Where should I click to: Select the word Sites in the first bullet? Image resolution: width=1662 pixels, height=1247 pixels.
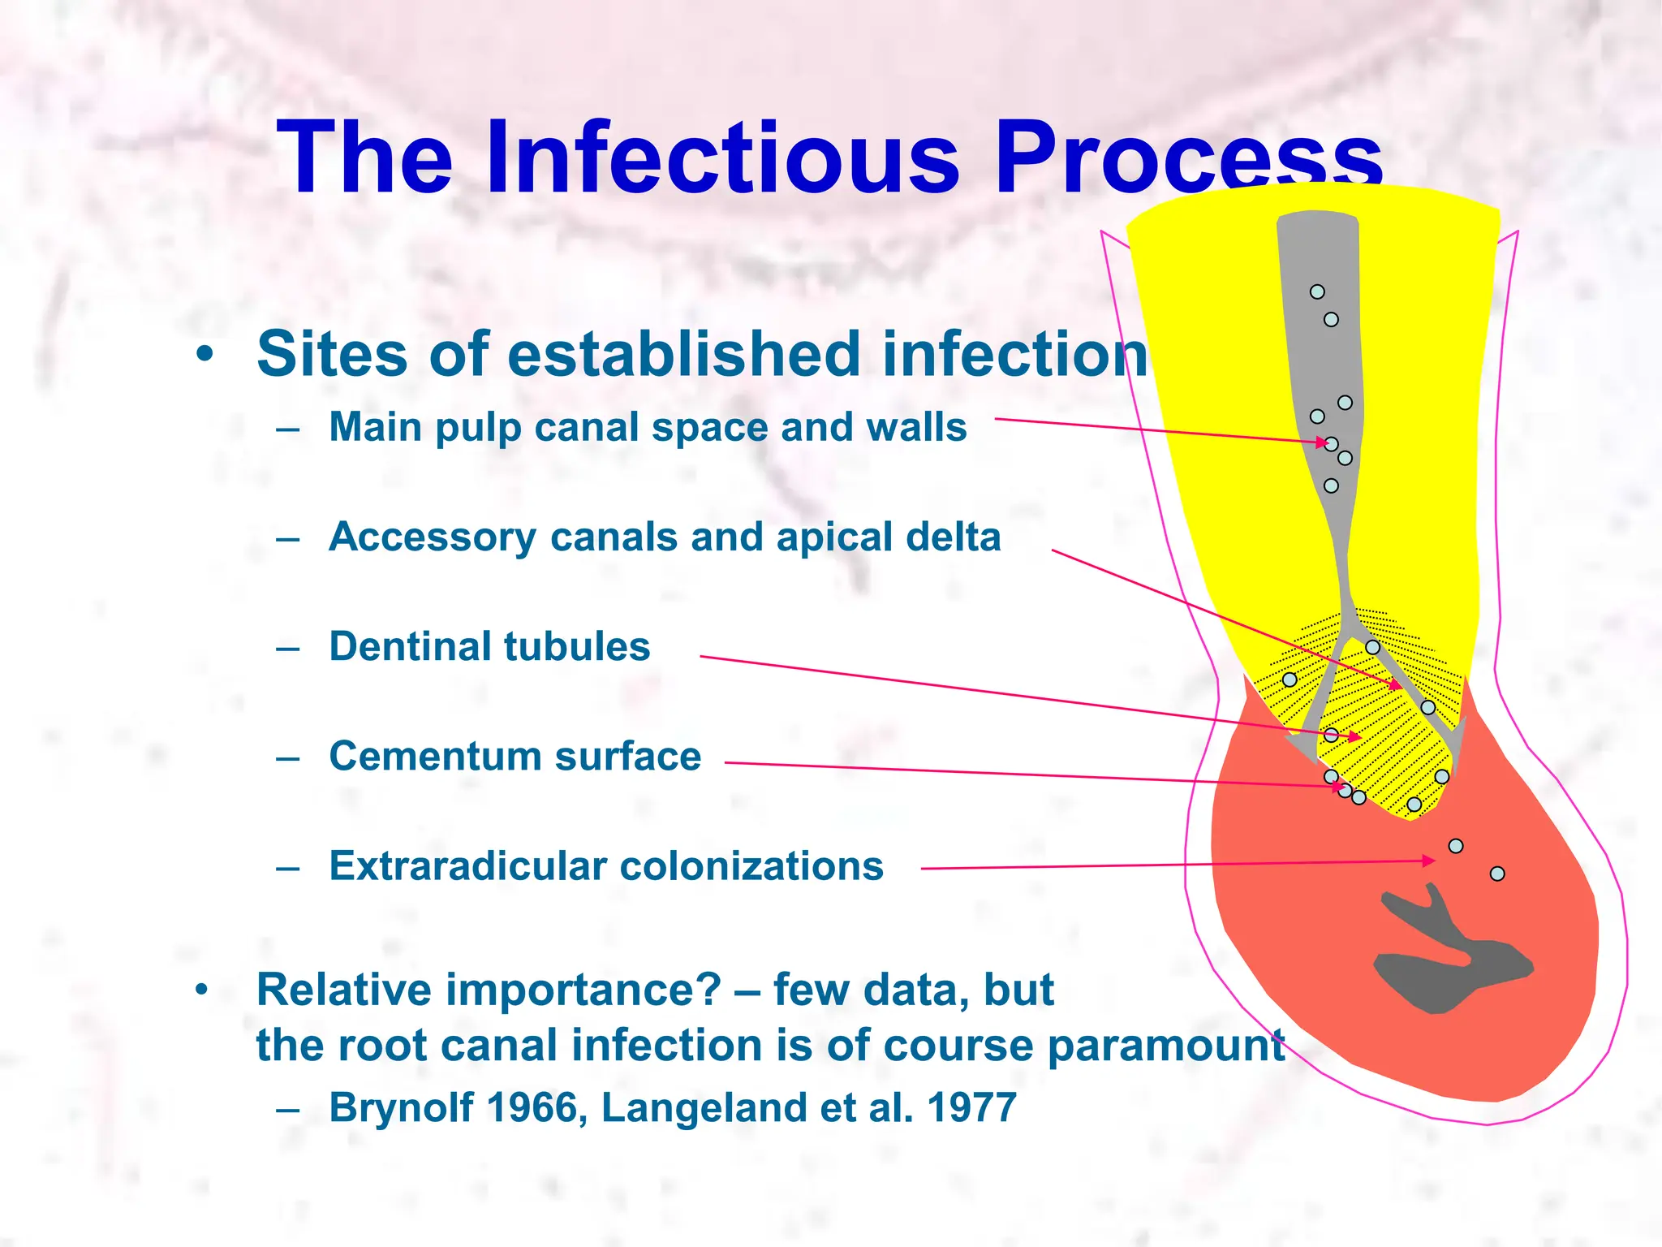point(331,354)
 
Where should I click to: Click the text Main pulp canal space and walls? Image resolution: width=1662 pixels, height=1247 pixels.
point(648,427)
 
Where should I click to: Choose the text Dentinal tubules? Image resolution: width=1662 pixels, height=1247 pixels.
point(489,647)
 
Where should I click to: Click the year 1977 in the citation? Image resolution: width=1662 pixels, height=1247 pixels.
point(971,1108)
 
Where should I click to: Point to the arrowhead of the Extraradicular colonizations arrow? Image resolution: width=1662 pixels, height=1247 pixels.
point(1431,861)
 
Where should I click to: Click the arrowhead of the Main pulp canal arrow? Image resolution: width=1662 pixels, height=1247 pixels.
point(1322,442)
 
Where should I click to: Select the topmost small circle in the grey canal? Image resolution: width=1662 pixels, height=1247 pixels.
point(1317,291)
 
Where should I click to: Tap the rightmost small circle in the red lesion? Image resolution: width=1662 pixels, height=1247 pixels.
point(1497,874)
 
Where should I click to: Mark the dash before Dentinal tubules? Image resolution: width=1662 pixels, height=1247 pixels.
point(287,649)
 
